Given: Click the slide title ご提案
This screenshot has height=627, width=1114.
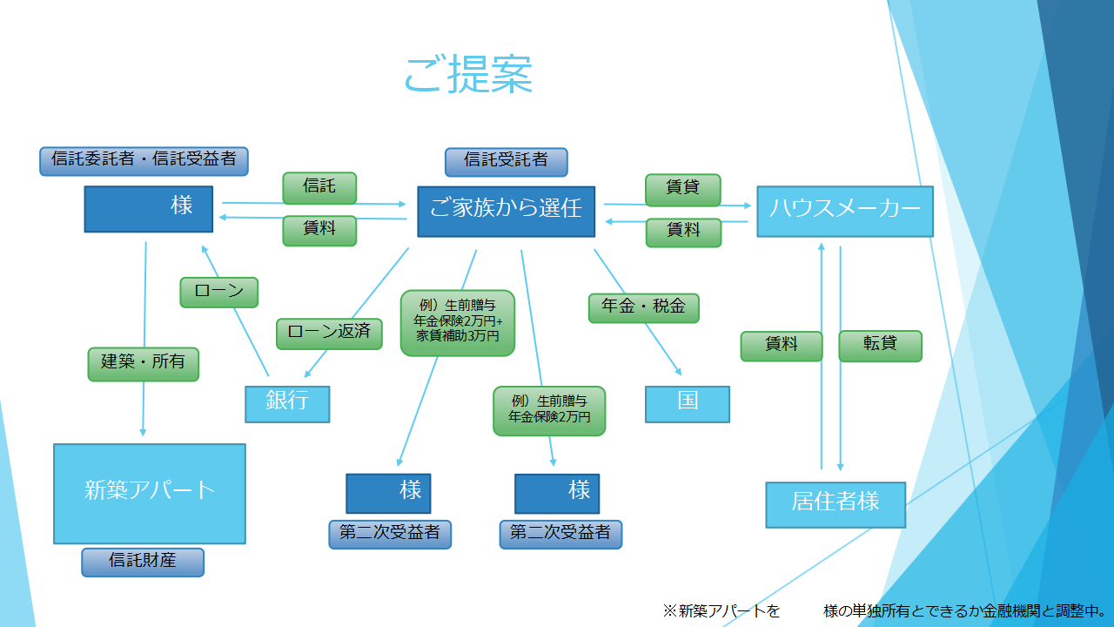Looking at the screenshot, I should [468, 75].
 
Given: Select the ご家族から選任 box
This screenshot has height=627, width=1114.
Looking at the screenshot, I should [506, 211].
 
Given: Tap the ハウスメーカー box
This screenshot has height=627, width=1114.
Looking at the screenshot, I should [844, 211].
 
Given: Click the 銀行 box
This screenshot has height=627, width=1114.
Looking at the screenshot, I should [287, 403].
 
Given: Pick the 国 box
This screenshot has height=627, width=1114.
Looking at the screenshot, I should [687, 403].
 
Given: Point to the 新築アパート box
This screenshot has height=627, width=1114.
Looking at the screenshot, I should [150, 493].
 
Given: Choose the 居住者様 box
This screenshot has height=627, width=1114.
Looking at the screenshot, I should [835, 503].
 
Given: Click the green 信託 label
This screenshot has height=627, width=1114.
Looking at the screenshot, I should [319, 187].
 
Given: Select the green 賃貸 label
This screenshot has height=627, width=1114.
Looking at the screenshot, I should [683, 190].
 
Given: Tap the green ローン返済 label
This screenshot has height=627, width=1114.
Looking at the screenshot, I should [329, 333].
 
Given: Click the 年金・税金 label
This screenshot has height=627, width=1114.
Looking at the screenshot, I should [644, 307].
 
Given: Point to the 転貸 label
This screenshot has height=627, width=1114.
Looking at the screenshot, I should [880, 345].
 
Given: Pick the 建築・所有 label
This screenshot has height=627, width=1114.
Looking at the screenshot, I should [144, 363].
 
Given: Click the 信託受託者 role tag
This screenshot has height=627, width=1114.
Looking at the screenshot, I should [506, 162].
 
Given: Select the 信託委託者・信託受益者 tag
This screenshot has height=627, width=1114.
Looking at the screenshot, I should [144, 161].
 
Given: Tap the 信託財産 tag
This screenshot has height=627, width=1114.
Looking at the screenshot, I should [143, 562].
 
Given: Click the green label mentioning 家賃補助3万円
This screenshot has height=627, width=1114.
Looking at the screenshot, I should [457, 323].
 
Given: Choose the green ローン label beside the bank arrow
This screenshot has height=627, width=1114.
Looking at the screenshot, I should [219, 292].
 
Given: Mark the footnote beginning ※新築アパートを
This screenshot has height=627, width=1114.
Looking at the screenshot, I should [884, 611].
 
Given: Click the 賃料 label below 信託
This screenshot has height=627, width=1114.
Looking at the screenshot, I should [319, 231].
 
